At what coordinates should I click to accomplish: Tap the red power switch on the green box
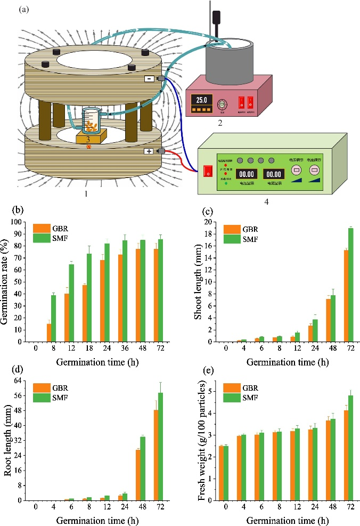click(208, 171)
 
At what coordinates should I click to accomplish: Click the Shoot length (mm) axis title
click(198, 281)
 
